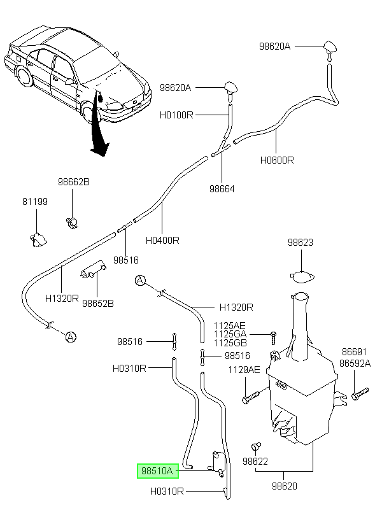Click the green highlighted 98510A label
158,470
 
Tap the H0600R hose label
277,160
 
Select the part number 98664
222,189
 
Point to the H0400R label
162,240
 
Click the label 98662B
74,182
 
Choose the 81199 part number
35,201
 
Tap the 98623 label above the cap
301,242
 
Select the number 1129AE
244,369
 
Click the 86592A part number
355,363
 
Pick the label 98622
255,461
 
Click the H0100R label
176,115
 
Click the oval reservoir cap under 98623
302,277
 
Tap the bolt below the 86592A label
360,393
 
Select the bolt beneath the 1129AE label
250,397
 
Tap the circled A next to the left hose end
71,337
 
